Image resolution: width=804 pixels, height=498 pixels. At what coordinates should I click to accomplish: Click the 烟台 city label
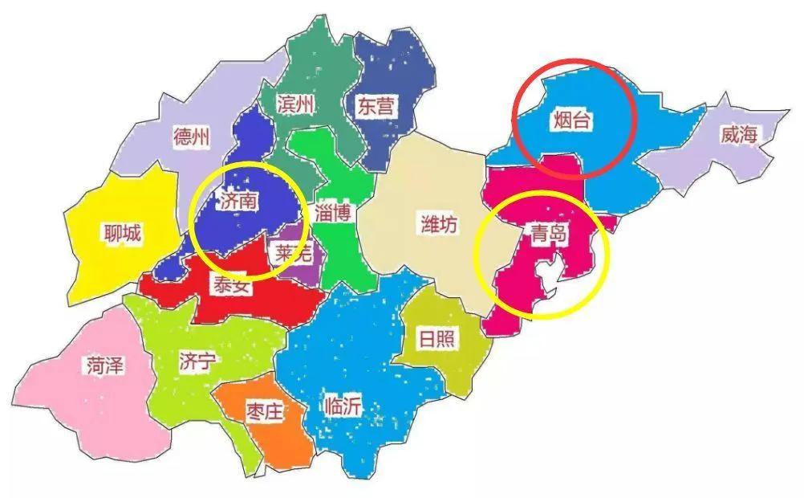point(572,121)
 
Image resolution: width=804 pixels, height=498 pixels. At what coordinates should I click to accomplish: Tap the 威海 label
point(738,135)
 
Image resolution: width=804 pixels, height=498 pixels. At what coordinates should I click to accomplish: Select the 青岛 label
point(550,234)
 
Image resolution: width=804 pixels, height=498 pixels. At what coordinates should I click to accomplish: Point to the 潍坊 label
point(439,225)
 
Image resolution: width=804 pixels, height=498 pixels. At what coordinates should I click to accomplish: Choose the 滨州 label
point(296,105)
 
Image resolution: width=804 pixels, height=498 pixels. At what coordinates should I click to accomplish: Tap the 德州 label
point(191,137)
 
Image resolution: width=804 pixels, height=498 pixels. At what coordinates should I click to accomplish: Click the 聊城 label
point(122,234)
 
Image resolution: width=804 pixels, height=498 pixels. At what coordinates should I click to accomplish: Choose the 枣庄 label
point(265,413)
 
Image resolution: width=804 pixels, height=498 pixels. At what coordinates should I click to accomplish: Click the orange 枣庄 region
point(277,438)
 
